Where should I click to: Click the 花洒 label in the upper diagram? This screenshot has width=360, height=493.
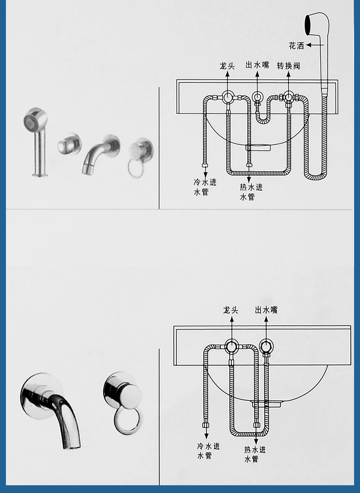pos(297,46)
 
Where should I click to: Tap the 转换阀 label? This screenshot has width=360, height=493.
pos(288,66)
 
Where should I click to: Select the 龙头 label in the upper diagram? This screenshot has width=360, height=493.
pos(227,66)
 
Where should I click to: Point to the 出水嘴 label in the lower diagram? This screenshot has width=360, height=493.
pos(266,310)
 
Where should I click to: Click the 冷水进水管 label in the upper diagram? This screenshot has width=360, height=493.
pos(205,187)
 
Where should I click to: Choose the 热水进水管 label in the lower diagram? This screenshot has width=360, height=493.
pos(255,454)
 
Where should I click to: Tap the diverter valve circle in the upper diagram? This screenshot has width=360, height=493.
pos(288,97)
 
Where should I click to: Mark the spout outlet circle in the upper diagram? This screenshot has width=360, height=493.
pos(257,97)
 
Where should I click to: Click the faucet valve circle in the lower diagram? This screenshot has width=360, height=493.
pos(231,346)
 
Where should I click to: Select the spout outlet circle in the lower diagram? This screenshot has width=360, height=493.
pos(266,346)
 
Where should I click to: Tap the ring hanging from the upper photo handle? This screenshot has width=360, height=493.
pos(136,169)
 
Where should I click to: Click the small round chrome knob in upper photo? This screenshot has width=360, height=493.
pos(69,144)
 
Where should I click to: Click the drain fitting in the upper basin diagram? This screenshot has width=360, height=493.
pos(258,147)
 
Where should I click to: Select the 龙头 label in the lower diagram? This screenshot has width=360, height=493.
pos(231,310)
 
